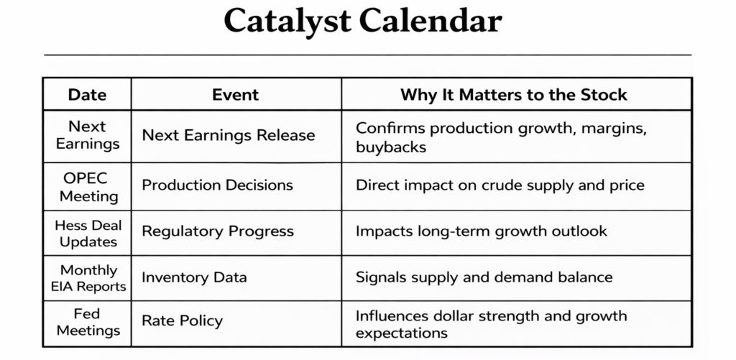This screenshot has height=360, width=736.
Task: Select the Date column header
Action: (x=87, y=95)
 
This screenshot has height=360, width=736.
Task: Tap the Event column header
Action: (x=236, y=95)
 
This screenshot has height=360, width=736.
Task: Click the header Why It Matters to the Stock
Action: (x=513, y=95)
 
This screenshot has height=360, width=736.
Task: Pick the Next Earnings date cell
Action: (x=87, y=135)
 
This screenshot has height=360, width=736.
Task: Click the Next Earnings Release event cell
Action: (x=229, y=135)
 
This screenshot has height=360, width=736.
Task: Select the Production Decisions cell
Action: (x=217, y=185)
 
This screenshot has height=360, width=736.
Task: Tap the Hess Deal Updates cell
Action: (x=88, y=234)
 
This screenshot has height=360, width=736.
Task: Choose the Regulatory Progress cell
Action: (x=218, y=231)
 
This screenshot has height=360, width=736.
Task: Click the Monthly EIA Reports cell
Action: (x=88, y=278)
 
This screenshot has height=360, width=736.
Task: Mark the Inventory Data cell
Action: (x=194, y=277)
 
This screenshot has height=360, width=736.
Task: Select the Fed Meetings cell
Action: (x=88, y=322)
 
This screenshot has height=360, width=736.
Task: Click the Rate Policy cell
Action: (x=182, y=321)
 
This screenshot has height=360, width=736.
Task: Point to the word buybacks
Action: (x=391, y=147)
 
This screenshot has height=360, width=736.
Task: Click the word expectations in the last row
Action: (x=401, y=333)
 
